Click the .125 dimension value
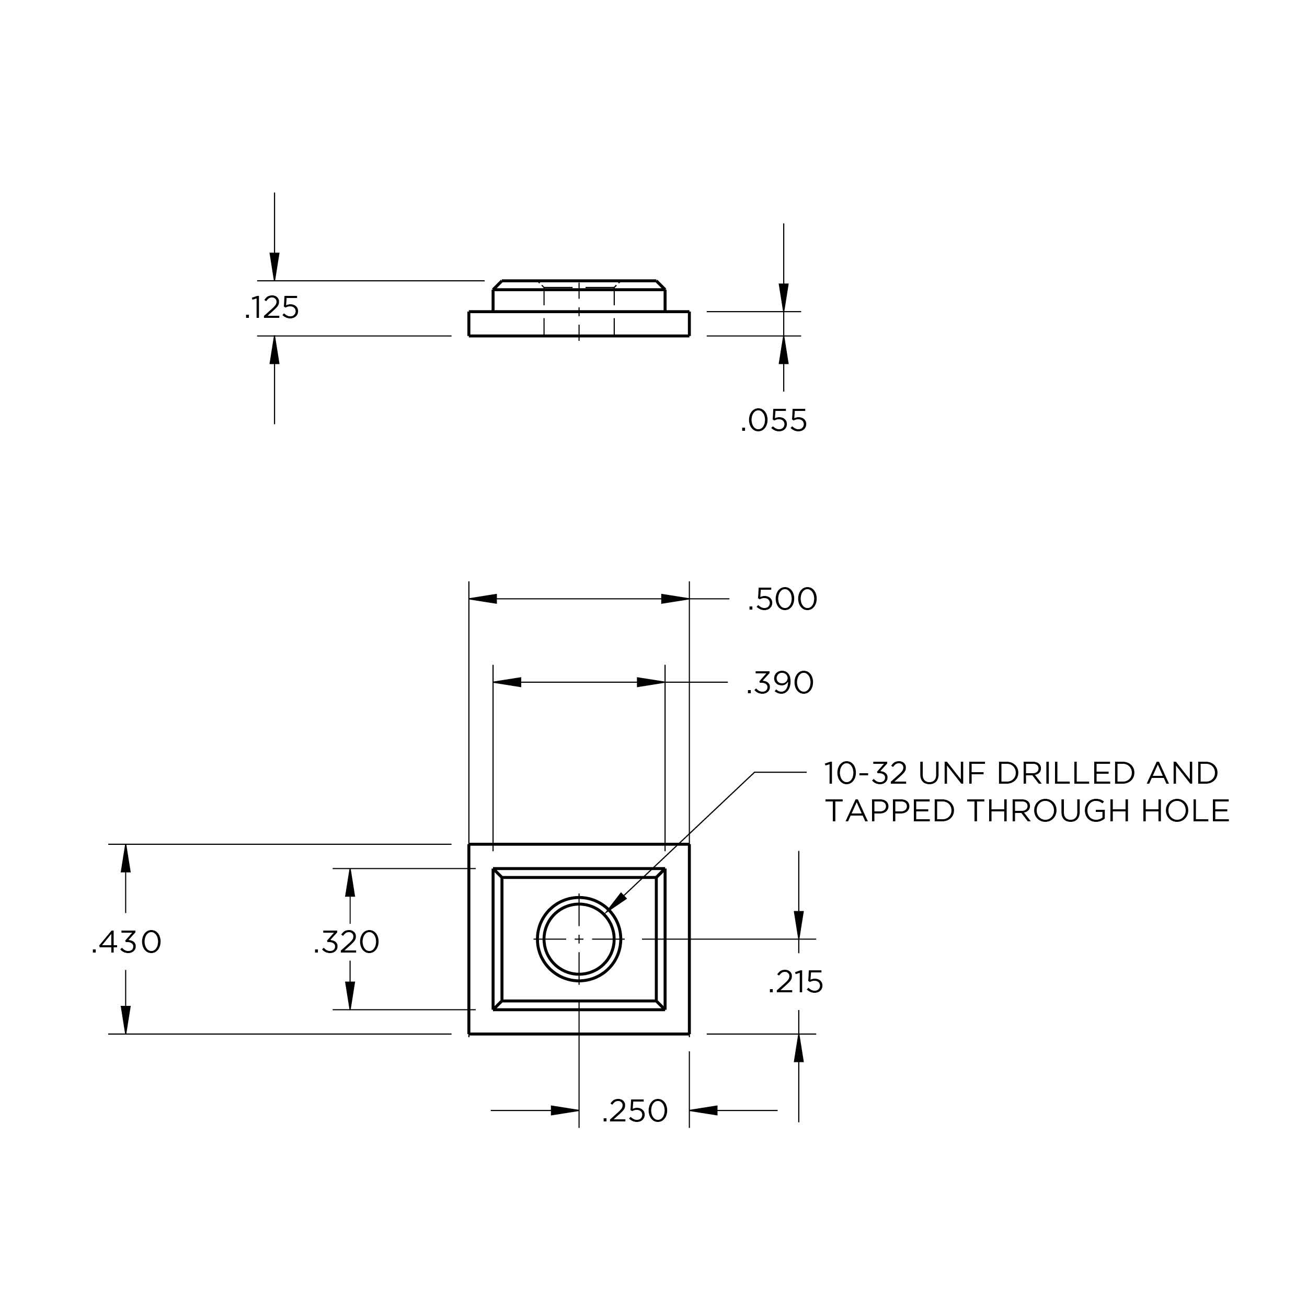click(272, 308)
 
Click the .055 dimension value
click(773, 421)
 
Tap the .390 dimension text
click(779, 683)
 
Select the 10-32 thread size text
click(865, 773)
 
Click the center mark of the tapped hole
click(579, 939)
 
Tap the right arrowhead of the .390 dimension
click(651, 682)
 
